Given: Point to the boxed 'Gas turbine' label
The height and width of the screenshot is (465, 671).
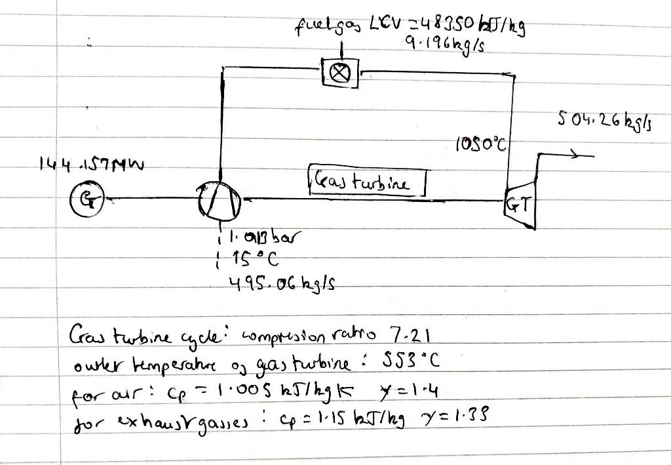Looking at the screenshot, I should [x=366, y=182].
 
